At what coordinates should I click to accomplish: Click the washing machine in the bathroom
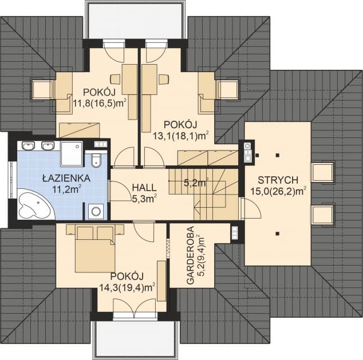(96, 211)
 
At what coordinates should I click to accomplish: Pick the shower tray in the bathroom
(72, 153)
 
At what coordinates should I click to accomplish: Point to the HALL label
(144, 187)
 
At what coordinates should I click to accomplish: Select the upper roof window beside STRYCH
(322, 172)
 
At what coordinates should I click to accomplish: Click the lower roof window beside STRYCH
(322, 216)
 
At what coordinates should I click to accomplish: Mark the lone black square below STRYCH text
(277, 233)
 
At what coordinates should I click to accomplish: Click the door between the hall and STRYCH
(243, 209)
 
